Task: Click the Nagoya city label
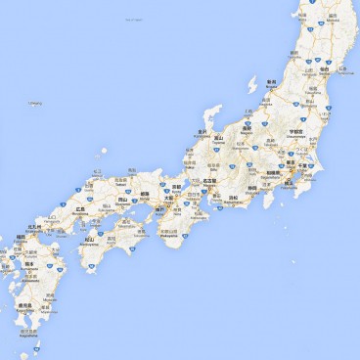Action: pyautogui.click(x=208, y=181)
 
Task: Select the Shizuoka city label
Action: pyautogui.click(x=251, y=187)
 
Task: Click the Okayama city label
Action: pyautogui.click(x=122, y=200)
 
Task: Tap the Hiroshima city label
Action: pyautogui.click(x=80, y=208)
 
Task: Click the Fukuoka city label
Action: pyautogui.click(x=21, y=237)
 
